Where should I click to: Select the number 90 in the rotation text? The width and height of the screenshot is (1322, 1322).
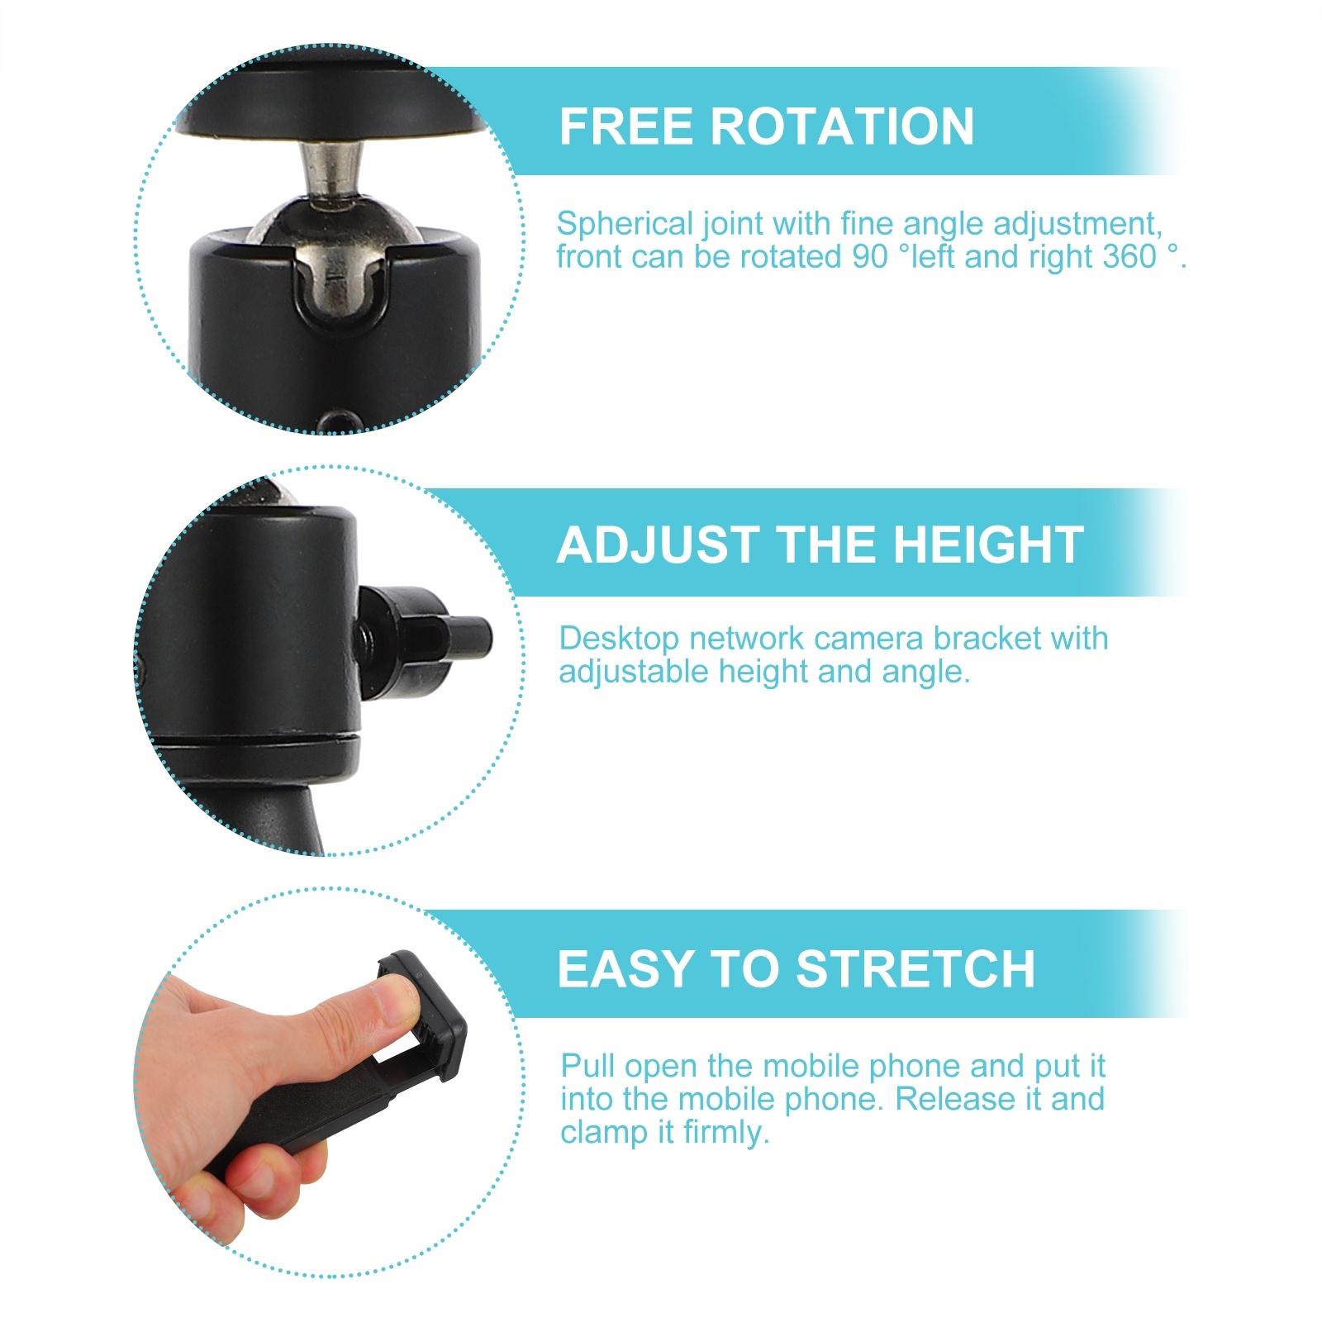pos(869,257)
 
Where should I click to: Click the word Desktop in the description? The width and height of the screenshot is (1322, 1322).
pos(618,639)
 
